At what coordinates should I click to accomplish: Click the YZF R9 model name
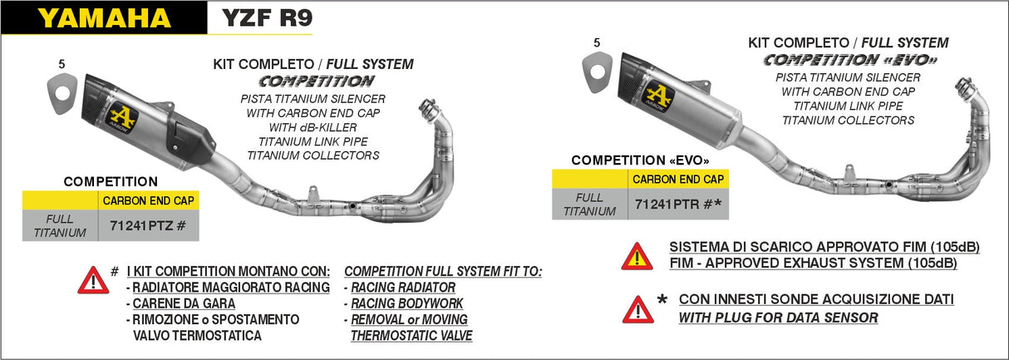tap(266, 18)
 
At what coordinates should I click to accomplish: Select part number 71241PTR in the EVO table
tap(677, 203)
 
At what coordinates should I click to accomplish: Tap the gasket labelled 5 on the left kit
tap(61, 86)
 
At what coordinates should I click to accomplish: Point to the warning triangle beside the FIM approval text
tap(637, 255)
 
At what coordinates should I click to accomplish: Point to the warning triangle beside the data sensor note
tap(637, 308)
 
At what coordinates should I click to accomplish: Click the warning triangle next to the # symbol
tap(92, 280)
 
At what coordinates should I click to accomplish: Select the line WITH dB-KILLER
tap(313, 127)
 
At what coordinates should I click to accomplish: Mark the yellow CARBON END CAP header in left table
tap(149, 200)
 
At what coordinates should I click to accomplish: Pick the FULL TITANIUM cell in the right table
tap(589, 204)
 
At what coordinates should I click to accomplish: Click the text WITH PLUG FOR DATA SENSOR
tap(778, 317)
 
